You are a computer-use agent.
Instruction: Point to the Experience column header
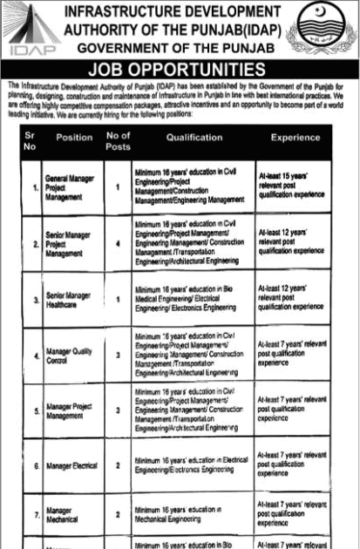pyautogui.click(x=295, y=138)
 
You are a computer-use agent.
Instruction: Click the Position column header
pyautogui.click(x=74, y=138)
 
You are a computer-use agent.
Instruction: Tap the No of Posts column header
pyautogui.click(x=118, y=141)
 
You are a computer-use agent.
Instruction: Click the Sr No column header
pyautogui.click(x=31, y=141)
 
